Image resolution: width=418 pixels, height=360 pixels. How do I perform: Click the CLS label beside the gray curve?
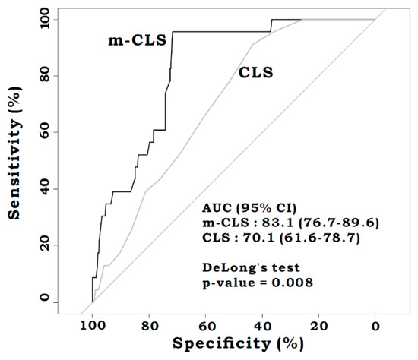coord(256,74)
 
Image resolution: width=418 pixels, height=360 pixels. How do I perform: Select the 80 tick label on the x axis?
coord(149,325)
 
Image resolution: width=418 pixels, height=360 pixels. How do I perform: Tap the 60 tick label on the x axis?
coord(205,325)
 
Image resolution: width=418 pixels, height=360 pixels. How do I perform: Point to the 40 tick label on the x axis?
coord(262,325)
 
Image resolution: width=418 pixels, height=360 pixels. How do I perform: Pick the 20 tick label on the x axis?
coord(318,325)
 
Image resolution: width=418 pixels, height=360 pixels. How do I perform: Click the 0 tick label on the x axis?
coord(375,325)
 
